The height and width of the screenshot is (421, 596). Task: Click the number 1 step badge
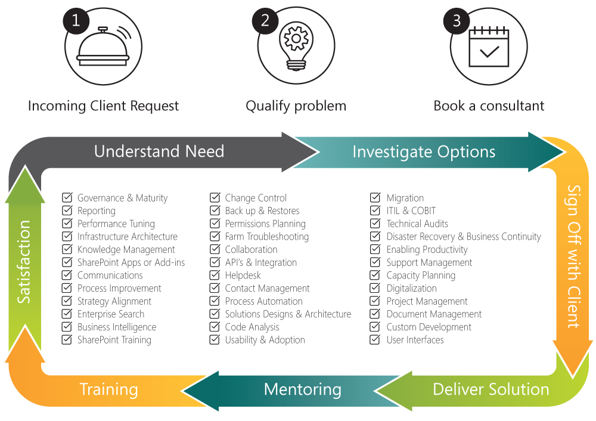click(76, 20)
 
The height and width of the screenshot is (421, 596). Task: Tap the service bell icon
click(103, 51)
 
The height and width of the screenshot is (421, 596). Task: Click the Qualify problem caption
click(296, 106)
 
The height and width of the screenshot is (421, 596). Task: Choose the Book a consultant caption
click(489, 106)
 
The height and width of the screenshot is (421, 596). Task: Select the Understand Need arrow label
click(159, 151)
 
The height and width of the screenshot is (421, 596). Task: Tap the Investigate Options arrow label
click(424, 151)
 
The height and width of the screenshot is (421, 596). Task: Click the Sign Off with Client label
click(573, 256)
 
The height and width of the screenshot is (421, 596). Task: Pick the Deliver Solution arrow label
click(491, 389)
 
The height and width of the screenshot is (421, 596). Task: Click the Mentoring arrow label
click(303, 390)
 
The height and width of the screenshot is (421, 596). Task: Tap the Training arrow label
click(109, 390)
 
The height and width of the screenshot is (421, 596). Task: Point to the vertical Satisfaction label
click(24, 262)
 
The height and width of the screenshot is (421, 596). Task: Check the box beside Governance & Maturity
click(67, 197)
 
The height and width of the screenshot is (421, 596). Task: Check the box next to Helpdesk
click(215, 275)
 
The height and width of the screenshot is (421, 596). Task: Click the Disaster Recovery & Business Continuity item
click(464, 237)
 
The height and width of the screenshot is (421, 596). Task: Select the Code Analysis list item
click(252, 327)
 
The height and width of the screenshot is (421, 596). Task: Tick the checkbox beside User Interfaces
click(375, 340)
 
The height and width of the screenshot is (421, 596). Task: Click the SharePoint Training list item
click(114, 340)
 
